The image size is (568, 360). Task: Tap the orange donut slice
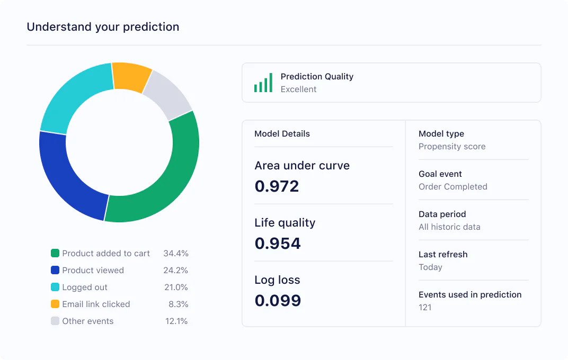coord(131,77)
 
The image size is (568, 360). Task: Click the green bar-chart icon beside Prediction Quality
coord(263,83)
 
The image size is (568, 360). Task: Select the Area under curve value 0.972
coord(277,186)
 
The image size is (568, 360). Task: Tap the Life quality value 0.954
coord(277,244)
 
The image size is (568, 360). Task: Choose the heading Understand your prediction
coord(103,26)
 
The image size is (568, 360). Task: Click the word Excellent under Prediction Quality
coord(298,89)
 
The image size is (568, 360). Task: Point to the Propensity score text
coord(451,147)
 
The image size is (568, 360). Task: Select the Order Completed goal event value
coord(452,187)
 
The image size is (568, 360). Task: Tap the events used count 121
coord(425,308)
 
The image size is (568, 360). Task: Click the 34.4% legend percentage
coord(175,254)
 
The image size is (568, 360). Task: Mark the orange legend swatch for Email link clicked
coord(55,304)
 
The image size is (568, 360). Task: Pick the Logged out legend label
coord(85,287)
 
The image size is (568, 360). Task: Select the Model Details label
coord(282,134)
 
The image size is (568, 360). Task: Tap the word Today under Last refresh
coord(430,267)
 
